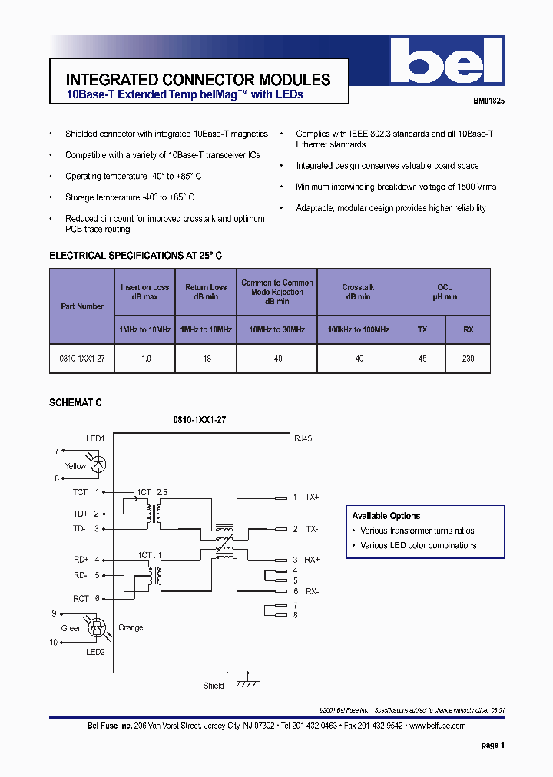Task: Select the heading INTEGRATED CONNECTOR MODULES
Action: coord(198,80)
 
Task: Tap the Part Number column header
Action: coord(82,306)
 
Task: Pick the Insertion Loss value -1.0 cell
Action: coord(144,359)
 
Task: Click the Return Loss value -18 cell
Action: coord(206,359)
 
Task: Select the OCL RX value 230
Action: coord(468,359)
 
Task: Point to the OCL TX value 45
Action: coord(422,359)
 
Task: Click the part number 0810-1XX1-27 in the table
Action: coord(81,359)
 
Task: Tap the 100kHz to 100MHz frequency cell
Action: coord(358,329)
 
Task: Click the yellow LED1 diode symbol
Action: coord(99,464)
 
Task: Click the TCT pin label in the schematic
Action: coord(80,492)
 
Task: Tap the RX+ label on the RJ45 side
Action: coord(312,560)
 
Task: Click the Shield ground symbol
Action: coord(247,683)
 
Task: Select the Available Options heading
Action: coord(386,516)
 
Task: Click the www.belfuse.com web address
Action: coord(438,726)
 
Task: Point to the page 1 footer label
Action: coord(492,745)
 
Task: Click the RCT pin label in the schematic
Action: coord(81,598)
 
